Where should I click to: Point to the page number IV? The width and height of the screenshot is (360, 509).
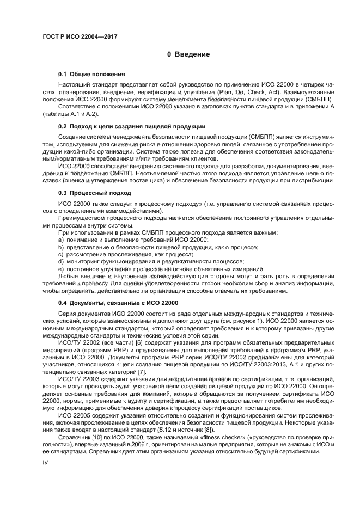pos(46,461)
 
